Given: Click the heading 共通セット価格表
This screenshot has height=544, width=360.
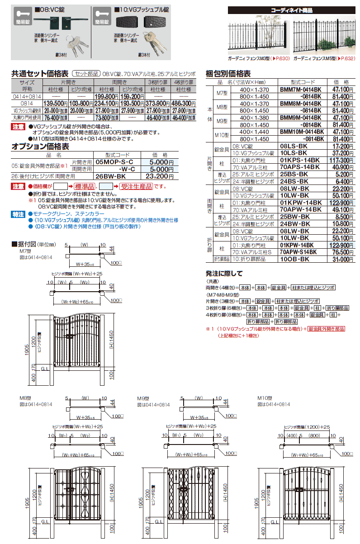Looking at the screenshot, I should coord(40,73).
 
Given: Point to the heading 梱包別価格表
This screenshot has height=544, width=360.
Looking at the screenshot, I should coord(228,73).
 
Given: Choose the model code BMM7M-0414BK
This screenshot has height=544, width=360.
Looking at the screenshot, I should coord(301,90).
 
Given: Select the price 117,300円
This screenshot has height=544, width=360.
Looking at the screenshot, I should coord(340,160).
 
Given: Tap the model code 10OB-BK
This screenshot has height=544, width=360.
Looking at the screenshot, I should coord(294,259).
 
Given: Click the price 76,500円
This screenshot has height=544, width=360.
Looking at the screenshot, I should coord(340,252).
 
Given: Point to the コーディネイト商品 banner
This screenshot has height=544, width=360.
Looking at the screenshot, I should coord(292,9).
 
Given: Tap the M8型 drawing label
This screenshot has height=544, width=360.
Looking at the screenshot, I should coord(24,398).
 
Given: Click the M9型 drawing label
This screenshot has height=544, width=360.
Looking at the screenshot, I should coord(143,398).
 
